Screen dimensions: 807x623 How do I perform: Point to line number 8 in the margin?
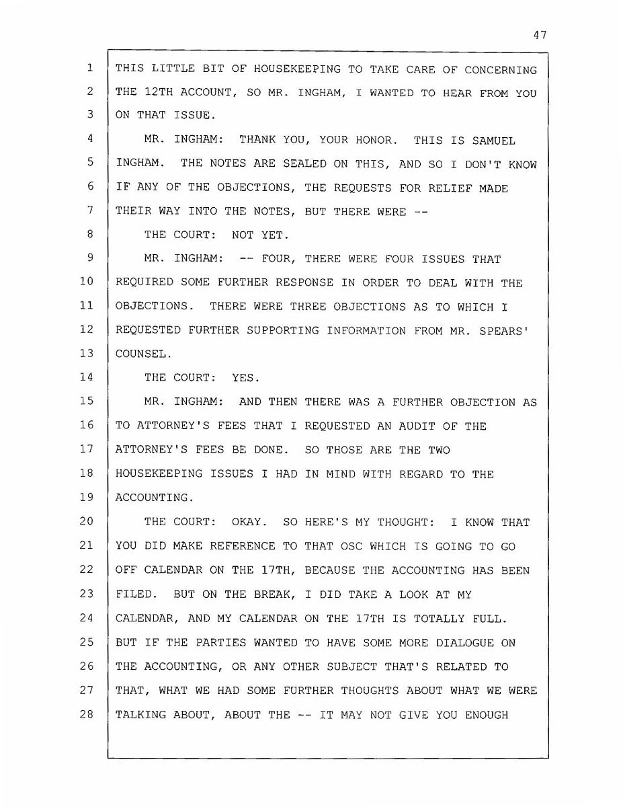coord(89,234)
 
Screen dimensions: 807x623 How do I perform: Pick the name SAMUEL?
coord(494,141)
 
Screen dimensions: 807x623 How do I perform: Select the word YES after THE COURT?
coord(246,378)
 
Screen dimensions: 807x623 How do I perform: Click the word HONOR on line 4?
coord(377,141)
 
